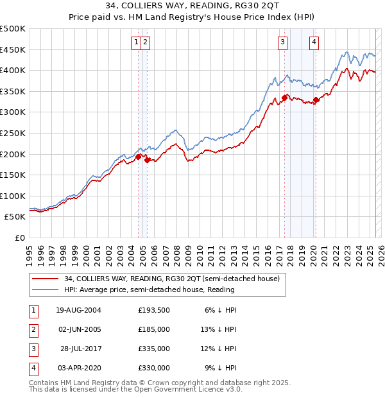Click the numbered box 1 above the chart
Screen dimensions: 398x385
(137, 43)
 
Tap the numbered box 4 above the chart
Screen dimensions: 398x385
(314, 43)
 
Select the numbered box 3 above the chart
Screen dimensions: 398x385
(282, 43)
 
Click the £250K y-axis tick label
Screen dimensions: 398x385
(13, 133)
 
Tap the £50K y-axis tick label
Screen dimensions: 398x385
(15, 217)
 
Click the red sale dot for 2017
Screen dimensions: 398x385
(284, 98)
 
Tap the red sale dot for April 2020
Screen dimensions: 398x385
(315, 100)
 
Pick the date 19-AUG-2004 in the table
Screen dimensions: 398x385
(78, 310)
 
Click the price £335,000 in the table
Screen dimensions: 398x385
(154, 349)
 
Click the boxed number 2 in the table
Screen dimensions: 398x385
(33, 329)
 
